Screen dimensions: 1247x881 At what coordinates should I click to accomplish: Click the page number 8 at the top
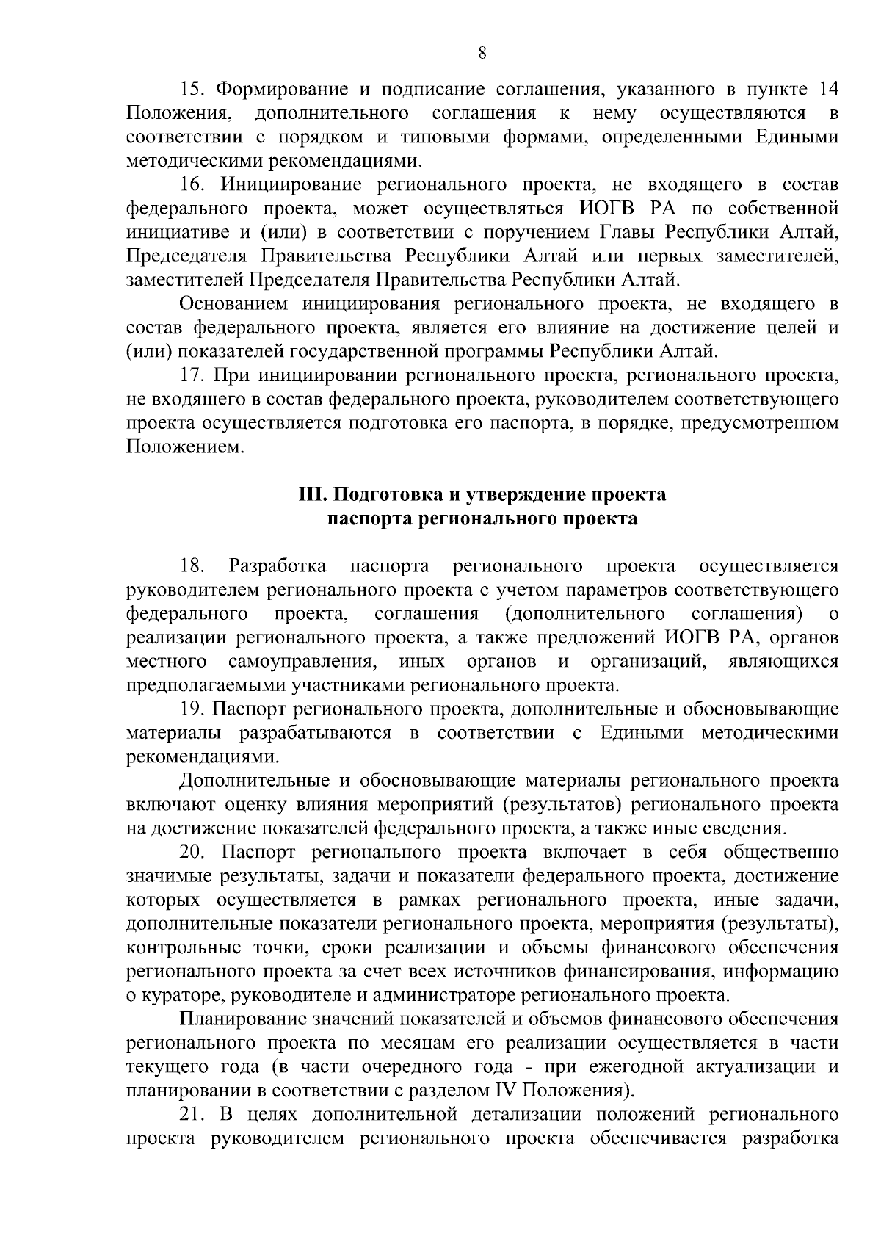(x=482, y=52)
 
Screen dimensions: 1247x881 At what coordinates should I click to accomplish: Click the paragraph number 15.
(x=192, y=90)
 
